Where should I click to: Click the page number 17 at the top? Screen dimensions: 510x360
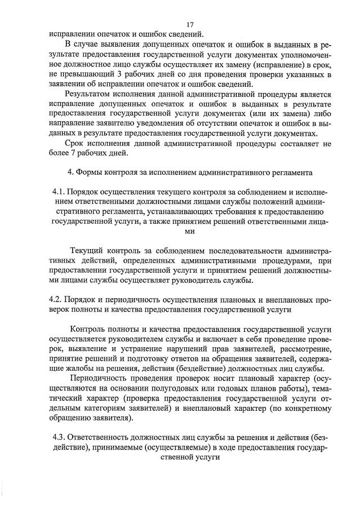tap(190, 24)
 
